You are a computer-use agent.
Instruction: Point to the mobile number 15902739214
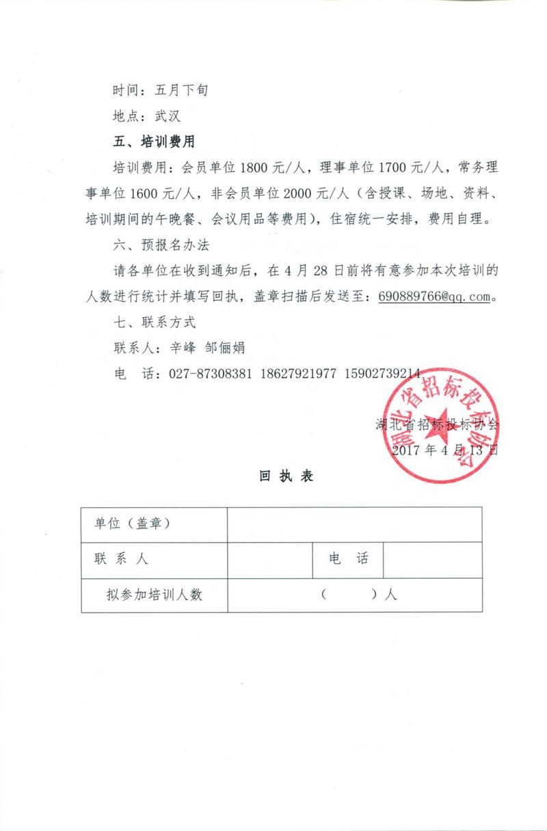point(382,374)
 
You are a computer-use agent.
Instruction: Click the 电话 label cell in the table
point(348,560)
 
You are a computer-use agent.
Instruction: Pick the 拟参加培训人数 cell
point(154,595)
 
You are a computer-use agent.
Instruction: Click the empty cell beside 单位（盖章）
point(354,524)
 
